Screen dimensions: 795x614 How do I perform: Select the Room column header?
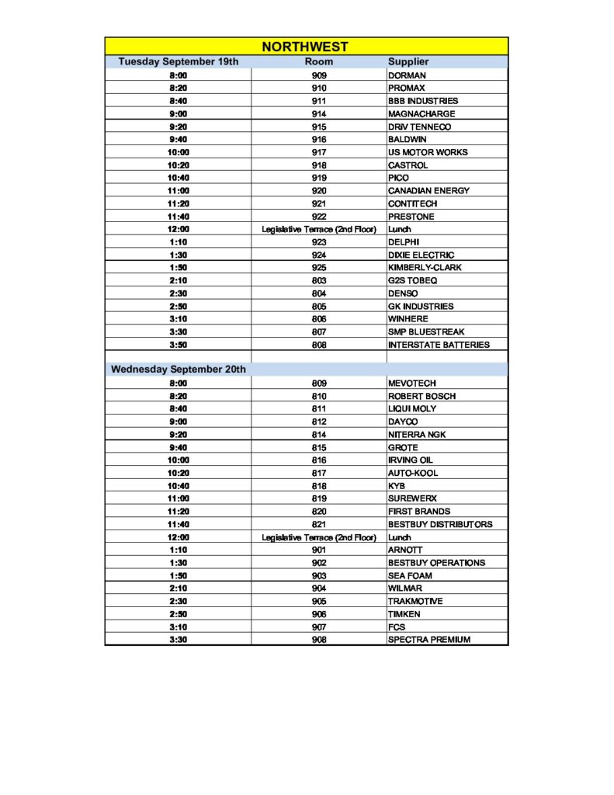point(319,61)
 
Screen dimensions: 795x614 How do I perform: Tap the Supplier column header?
point(408,61)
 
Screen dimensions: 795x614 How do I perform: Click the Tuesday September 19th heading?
point(178,61)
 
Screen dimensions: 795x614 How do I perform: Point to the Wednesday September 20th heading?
point(178,370)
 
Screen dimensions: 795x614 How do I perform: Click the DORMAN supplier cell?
point(407,75)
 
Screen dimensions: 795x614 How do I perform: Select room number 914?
point(319,114)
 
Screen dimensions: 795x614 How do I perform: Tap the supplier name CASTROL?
point(408,165)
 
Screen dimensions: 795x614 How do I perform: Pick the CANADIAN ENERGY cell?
point(428,191)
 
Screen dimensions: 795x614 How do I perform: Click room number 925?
point(319,268)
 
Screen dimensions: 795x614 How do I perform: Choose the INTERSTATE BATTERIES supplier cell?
point(439,345)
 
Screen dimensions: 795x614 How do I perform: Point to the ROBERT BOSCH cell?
point(421,396)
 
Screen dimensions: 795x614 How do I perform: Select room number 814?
point(319,435)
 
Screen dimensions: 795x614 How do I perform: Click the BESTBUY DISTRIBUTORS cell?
point(440,524)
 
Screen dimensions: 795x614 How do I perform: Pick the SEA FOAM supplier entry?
point(410,576)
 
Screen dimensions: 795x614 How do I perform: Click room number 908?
point(319,640)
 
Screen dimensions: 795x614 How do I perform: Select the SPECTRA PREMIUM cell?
point(429,640)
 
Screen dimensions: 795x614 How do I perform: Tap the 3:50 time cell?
point(179,345)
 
